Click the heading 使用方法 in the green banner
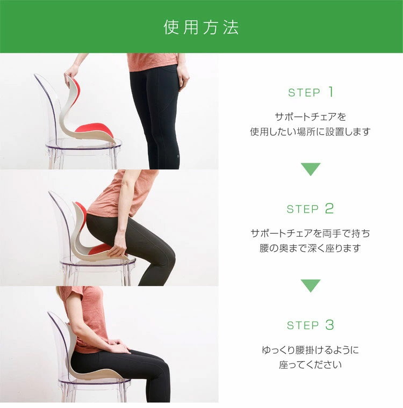tap(201, 27)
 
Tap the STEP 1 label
tap(311, 92)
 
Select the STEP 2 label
tap(310, 209)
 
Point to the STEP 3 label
tap(310, 325)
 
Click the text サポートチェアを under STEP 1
tap(311, 117)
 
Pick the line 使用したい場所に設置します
tap(310, 132)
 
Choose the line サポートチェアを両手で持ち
tap(310, 234)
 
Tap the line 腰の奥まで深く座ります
tap(310, 248)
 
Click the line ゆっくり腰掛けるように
tap(310, 350)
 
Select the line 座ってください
tap(310, 365)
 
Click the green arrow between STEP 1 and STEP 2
tap(311, 169)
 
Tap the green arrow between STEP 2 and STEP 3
tap(311, 286)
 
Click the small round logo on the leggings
tap(178, 156)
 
